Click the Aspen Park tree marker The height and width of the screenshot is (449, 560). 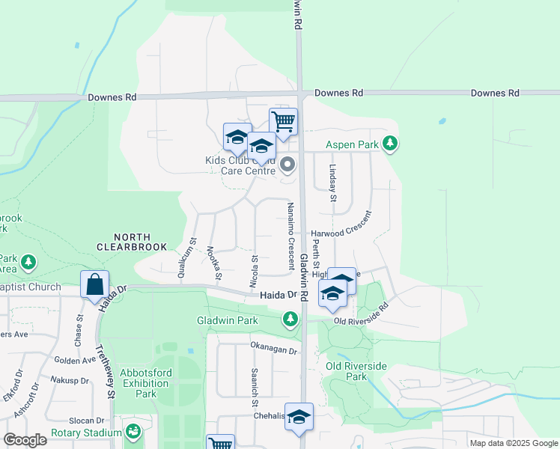(389, 142)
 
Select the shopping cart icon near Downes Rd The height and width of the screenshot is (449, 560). (283, 121)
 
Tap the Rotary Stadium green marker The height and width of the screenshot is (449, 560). (133, 432)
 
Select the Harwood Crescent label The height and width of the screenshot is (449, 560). (342, 233)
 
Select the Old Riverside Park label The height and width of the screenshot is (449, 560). (356, 371)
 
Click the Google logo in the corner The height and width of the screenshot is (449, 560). (24, 440)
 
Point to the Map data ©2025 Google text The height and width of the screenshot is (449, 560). (513, 443)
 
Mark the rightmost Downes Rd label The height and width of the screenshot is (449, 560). (495, 93)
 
